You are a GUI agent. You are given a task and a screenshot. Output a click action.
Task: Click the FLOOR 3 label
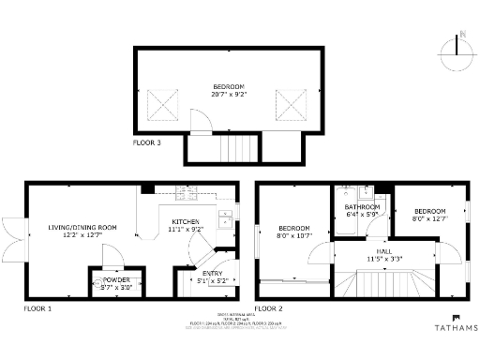[x=147, y=143]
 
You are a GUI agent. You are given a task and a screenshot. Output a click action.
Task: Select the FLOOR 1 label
[x=38, y=307]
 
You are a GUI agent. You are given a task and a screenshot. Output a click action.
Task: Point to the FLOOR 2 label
[x=269, y=307]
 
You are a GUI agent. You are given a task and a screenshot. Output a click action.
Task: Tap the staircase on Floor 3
[x=234, y=147]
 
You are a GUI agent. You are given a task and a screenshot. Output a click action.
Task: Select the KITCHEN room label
[x=186, y=221]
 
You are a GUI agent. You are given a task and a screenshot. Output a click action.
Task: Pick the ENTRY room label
[x=213, y=273]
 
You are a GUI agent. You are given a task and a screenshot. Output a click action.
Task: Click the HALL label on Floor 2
[x=384, y=249]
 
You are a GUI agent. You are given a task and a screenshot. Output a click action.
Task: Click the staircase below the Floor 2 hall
[x=385, y=282]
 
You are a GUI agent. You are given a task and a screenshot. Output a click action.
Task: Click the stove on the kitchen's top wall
[x=186, y=194]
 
